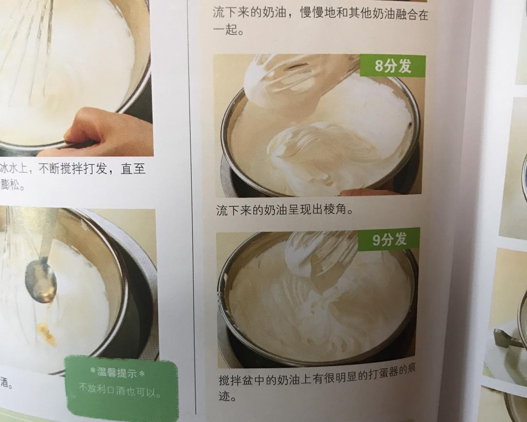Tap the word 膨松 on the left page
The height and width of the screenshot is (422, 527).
(13, 186)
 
